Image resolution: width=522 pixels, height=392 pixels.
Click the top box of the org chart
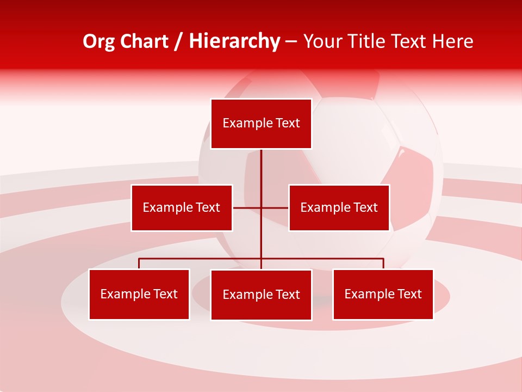pos(261,124)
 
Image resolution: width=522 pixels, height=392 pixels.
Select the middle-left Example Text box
pos(182,207)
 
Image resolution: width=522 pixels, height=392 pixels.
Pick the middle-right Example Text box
pos(339,207)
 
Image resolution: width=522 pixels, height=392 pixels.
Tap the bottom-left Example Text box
pos(139,294)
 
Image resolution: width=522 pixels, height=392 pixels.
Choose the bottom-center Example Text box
pos(261,295)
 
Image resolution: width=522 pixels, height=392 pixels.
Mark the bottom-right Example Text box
pos(383,294)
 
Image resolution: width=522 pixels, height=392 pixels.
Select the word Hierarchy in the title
pos(234,41)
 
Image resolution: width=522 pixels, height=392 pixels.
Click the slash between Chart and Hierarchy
pos(178,41)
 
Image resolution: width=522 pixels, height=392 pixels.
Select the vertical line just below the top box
pos(261,163)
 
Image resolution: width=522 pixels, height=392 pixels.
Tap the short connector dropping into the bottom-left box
pos(139,264)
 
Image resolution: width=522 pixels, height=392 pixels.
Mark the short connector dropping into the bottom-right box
pos(383,264)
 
